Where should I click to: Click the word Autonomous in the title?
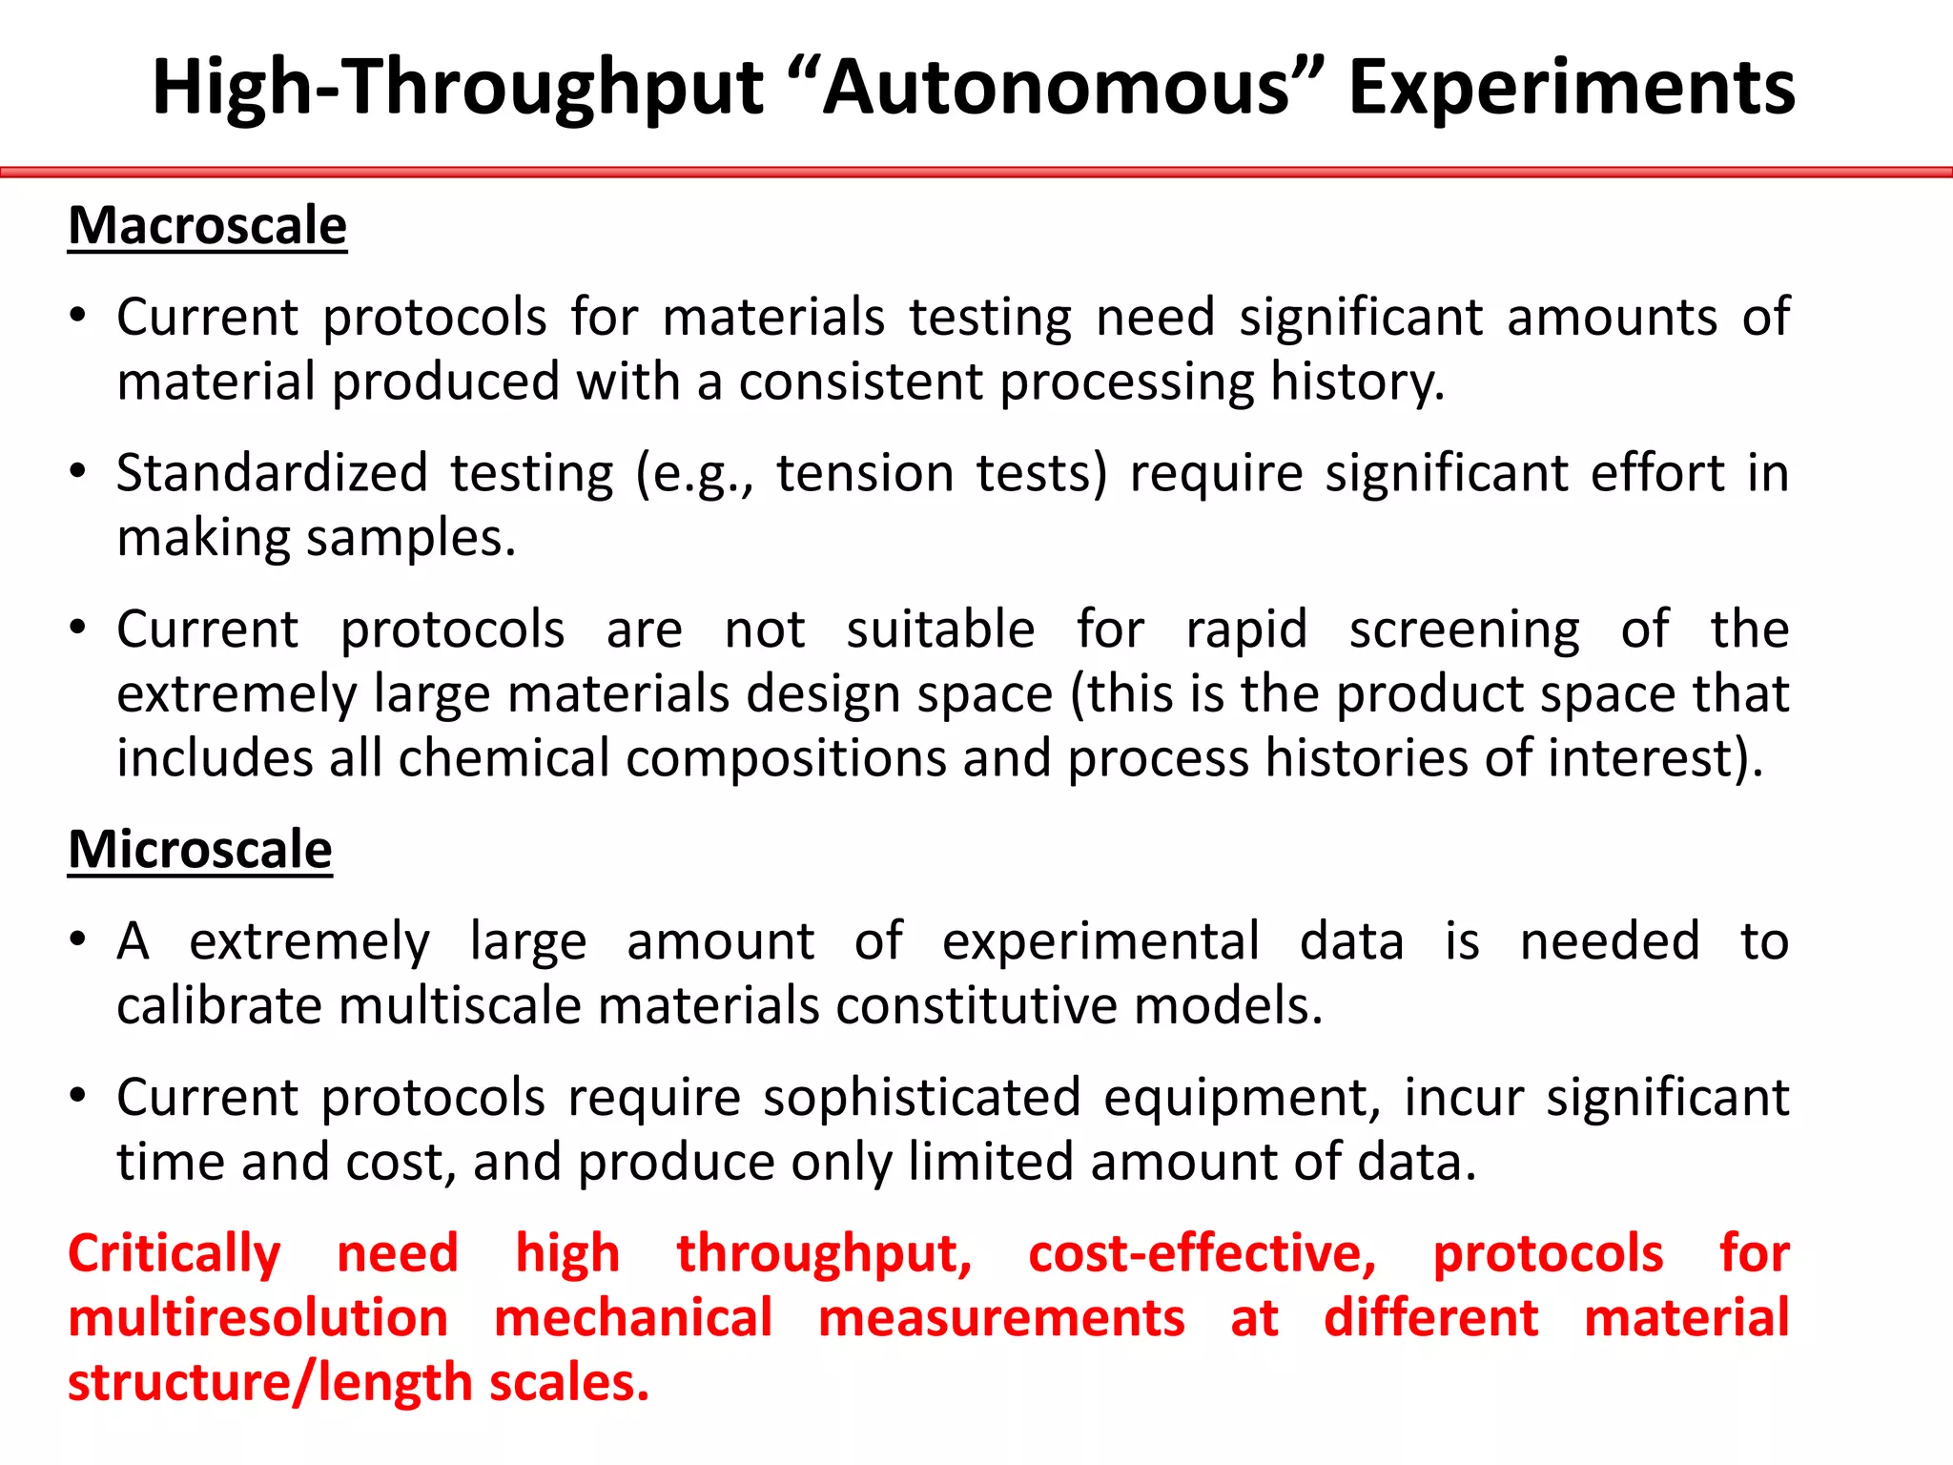[1057, 88]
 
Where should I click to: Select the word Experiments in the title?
[1572, 88]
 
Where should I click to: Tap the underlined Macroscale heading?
[207, 226]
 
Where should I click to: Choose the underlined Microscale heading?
[200, 849]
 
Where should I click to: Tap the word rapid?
[1245, 629]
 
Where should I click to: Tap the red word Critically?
[175, 1254]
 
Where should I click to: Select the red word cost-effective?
[1202, 1254]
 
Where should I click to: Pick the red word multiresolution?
[258, 1318]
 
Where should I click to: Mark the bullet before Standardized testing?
[78, 471]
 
